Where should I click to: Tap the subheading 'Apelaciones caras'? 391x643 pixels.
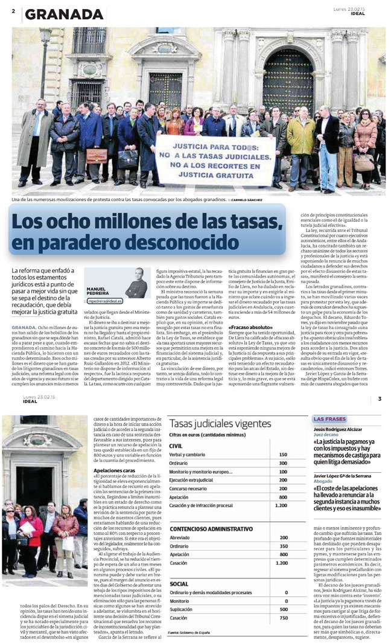click(115, 470)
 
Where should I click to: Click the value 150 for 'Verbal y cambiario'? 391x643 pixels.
click(283, 454)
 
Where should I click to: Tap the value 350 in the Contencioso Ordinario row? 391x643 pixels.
click(283, 546)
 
